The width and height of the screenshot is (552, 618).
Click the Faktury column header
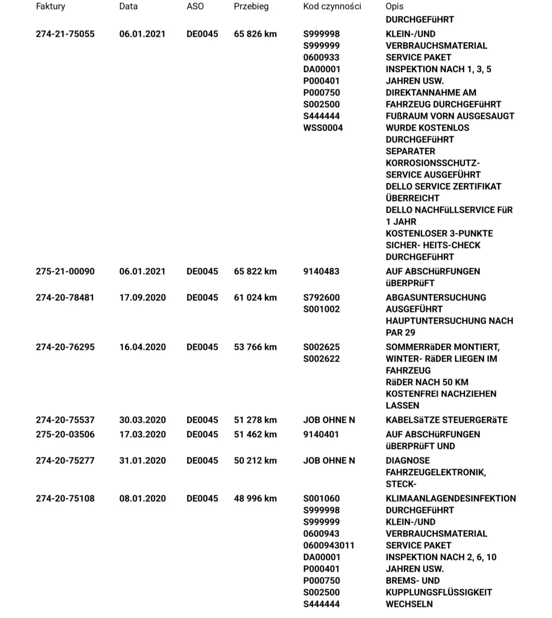(50, 6)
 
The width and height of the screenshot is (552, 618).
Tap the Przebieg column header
(251, 6)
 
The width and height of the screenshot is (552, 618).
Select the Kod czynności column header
(332, 6)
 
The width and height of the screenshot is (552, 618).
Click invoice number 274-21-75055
(65, 34)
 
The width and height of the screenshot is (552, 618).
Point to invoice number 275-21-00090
(65, 271)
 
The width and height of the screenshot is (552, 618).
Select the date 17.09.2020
(142, 297)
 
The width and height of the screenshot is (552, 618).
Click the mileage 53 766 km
(255, 347)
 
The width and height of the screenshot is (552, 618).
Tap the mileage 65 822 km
(255, 271)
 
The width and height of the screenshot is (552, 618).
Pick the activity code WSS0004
(323, 128)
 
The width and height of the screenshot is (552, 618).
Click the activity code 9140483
(321, 271)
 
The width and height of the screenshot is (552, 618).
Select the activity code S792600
(321, 297)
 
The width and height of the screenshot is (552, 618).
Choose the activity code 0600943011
(328, 546)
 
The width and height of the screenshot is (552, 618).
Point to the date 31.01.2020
(142, 461)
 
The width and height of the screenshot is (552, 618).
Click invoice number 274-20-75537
(65, 420)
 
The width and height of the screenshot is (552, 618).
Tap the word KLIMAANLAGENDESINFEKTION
(451, 499)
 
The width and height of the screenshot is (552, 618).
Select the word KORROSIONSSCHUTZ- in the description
(433, 163)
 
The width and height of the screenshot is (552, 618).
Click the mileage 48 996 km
(255, 499)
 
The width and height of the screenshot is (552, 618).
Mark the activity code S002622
(321, 359)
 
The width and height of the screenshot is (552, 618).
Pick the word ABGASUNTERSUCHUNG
(436, 297)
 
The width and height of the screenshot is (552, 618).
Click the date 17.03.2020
(142, 434)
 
